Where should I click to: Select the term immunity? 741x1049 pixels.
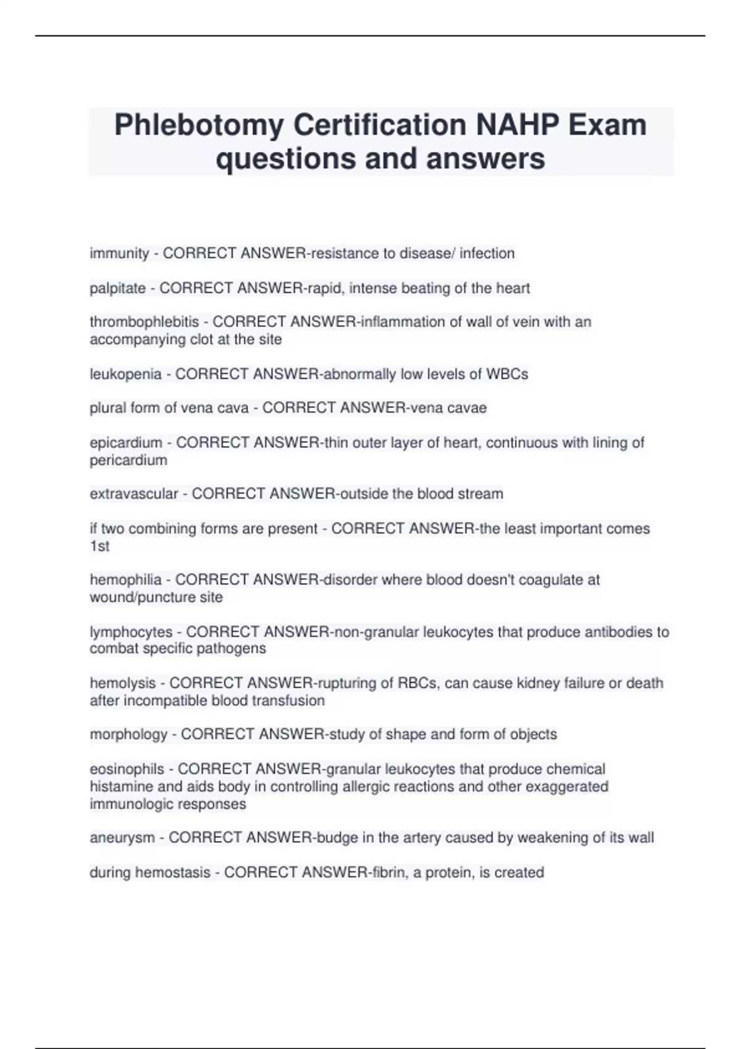(x=119, y=254)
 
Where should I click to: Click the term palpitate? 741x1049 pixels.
(x=117, y=288)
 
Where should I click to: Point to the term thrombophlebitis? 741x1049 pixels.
(x=144, y=322)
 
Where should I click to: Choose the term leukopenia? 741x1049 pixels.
(x=125, y=374)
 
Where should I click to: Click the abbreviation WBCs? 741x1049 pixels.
(x=507, y=374)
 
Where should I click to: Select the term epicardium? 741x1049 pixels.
(x=126, y=442)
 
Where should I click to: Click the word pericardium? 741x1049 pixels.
(x=128, y=460)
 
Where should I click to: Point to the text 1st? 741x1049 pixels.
(x=99, y=546)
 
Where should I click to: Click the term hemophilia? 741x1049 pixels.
(x=125, y=580)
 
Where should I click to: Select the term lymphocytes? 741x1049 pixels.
(x=131, y=632)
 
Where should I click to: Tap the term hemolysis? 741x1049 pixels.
(x=123, y=683)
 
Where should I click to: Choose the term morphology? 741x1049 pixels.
(x=128, y=734)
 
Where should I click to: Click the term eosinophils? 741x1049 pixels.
(x=127, y=769)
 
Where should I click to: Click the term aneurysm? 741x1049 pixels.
(x=122, y=838)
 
